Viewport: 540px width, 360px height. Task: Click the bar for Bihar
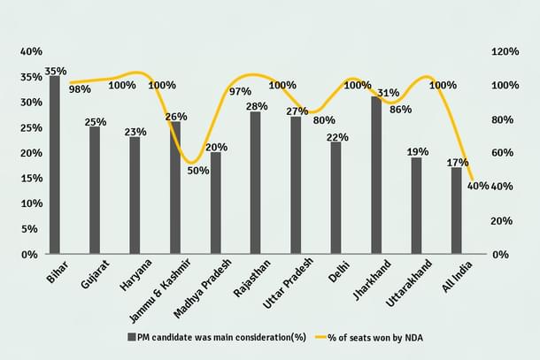[55, 165]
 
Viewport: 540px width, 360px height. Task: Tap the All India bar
[456, 211]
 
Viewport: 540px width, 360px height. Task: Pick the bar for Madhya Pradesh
[215, 203]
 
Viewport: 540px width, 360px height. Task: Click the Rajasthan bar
[255, 182]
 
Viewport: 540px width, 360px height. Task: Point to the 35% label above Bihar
[56, 70]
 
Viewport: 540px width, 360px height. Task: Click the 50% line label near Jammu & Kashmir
[198, 170]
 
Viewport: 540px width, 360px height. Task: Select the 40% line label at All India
[478, 185]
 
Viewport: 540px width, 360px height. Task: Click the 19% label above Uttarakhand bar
[415, 150]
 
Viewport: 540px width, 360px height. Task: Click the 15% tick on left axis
[30, 178]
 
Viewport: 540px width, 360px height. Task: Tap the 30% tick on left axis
[30, 102]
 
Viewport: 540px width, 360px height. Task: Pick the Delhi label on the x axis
[336, 270]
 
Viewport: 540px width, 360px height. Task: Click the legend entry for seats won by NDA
[370, 337]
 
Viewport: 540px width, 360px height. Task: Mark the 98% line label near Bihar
[80, 88]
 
